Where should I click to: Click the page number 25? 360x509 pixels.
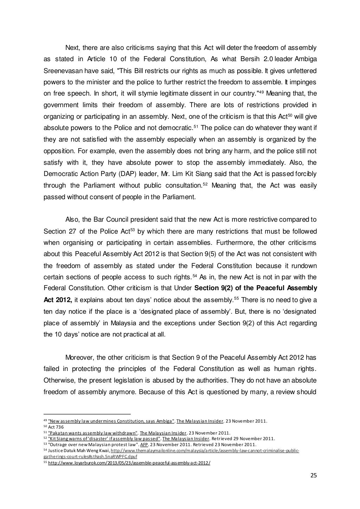point(314,476)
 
